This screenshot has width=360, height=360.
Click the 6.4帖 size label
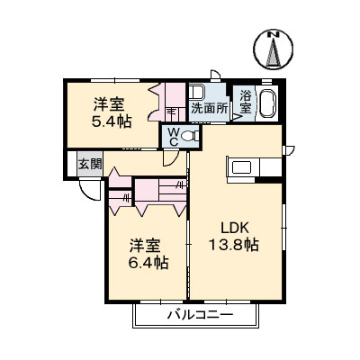147,262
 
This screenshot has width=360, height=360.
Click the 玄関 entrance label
88,165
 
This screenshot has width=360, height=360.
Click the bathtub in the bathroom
268,101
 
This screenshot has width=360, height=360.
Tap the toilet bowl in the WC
190,137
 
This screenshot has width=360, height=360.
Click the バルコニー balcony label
200,316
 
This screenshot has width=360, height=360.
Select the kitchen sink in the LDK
243,167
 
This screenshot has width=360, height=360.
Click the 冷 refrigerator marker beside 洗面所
171,110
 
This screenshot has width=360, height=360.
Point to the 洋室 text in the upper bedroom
112,102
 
